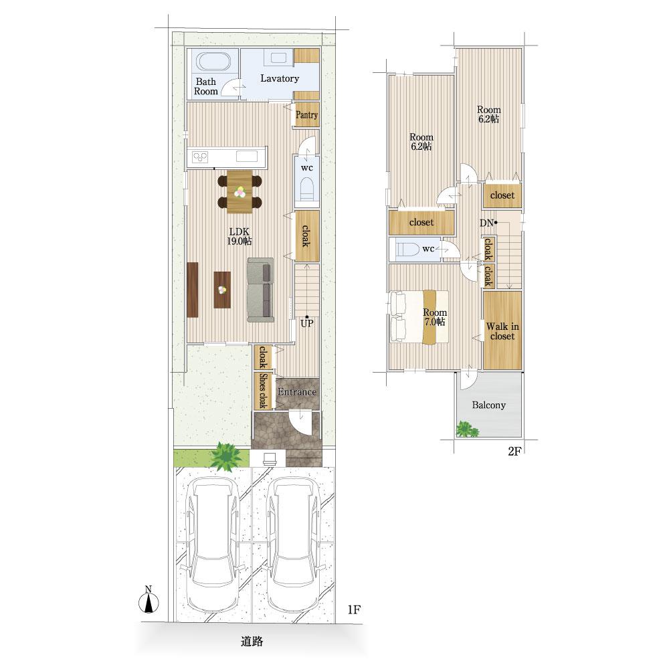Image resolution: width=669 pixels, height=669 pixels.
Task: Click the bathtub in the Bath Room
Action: [213, 62]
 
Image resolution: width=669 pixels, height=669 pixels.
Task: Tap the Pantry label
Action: [307, 115]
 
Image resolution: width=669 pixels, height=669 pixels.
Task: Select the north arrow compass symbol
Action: [149, 600]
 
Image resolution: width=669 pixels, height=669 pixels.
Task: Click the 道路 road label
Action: [252, 642]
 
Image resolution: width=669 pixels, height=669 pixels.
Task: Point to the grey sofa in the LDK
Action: [260, 290]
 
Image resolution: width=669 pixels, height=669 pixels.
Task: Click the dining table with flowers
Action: [240, 191]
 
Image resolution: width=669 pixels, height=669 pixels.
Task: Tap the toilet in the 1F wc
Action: [307, 189]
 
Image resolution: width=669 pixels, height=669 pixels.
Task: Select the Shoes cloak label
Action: [263, 391]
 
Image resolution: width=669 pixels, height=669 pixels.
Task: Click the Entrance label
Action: [297, 391]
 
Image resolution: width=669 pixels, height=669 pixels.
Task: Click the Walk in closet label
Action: [502, 331]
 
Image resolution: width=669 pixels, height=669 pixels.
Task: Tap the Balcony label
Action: [489, 405]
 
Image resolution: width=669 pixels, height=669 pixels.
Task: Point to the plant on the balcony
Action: [468, 429]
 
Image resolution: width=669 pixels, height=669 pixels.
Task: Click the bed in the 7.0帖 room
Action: [418, 316]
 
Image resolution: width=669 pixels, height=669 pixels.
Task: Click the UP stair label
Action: [307, 323]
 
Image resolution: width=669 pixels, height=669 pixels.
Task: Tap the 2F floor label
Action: [515, 451]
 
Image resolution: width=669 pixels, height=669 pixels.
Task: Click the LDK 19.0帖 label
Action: [240, 236]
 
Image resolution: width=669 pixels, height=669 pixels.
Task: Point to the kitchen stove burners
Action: [199, 157]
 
